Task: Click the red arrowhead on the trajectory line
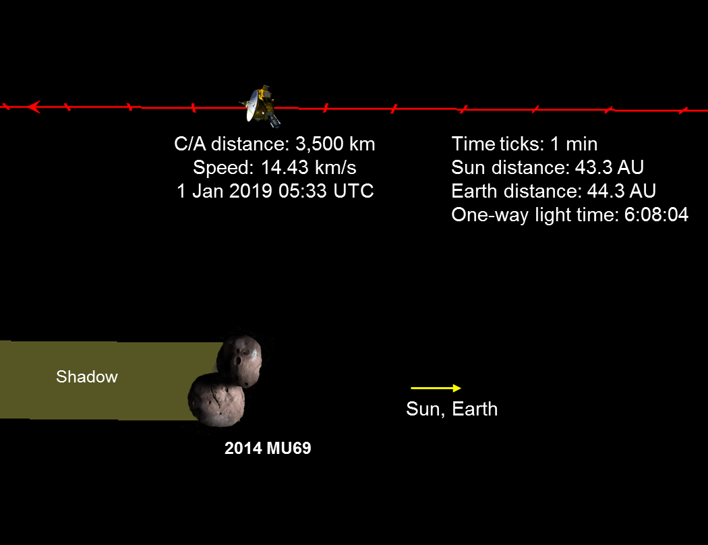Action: [34, 107]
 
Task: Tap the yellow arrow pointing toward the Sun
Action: [436, 388]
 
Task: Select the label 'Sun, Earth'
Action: [452, 409]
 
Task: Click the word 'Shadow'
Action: [86, 376]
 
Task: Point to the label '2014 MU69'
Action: [268, 448]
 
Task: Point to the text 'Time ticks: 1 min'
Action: [525, 144]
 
